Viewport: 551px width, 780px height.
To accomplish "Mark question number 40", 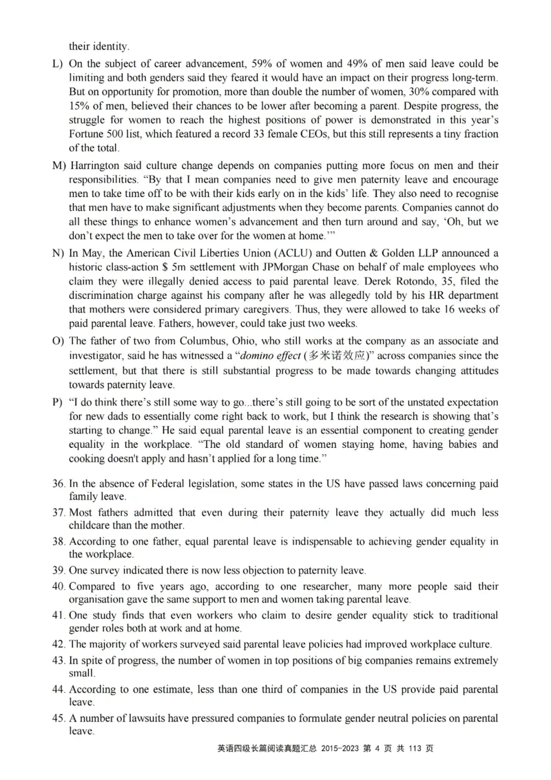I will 59,586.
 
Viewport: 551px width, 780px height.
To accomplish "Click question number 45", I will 59,718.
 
